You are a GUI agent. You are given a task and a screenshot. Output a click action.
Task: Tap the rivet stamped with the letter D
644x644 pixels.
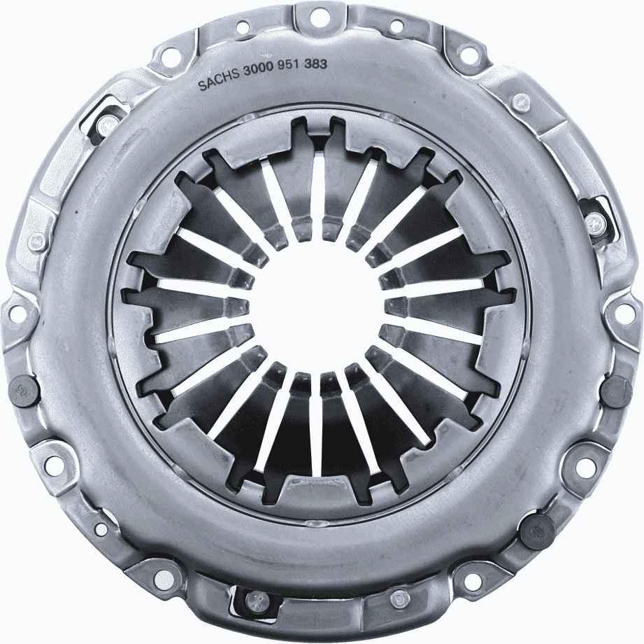[x=399, y=600]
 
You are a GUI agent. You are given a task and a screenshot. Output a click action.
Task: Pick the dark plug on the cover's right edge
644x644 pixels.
[x=617, y=389]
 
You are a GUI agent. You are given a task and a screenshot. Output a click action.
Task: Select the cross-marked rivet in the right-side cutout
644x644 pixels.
[x=595, y=224]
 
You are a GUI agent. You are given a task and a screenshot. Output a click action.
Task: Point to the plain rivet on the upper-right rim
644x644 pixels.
[x=520, y=103]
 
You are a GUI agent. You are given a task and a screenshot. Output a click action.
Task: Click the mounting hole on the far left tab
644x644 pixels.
[x=15, y=313]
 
